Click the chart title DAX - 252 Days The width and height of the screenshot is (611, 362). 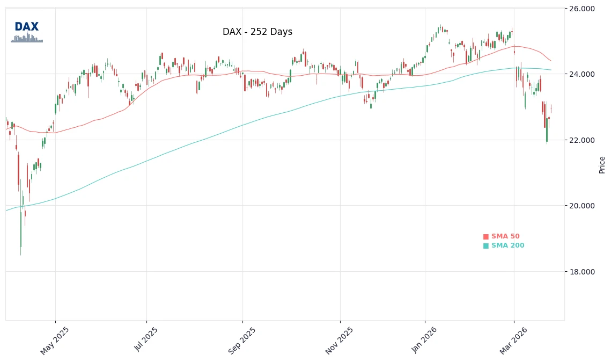point(257,32)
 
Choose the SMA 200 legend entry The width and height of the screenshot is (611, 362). point(507,245)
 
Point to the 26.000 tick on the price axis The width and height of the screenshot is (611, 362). point(582,9)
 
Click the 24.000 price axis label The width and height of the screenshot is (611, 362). point(582,74)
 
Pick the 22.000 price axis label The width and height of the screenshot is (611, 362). point(582,140)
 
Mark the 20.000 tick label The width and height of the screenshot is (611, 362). point(582,206)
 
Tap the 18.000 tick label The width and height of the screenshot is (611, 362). point(582,272)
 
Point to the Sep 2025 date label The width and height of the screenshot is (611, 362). point(242,341)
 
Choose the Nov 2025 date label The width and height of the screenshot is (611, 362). point(340,341)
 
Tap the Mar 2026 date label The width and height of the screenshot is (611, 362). point(514,341)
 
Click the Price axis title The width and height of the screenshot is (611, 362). point(602,164)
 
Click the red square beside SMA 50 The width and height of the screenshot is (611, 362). point(486,236)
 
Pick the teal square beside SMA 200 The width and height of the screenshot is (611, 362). point(486,245)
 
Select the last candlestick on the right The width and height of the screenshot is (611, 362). point(551,109)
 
